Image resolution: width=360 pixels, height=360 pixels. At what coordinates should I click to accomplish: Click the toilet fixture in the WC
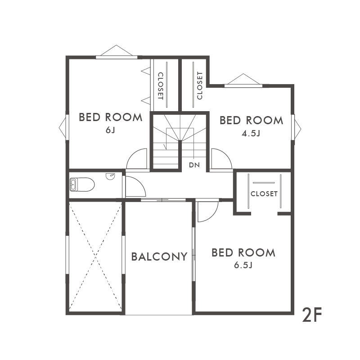[x=82, y=184]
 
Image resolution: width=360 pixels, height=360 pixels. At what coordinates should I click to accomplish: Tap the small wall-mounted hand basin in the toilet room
[x=110, y=176]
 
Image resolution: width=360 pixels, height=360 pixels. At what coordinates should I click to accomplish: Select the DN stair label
[x=194, y=165]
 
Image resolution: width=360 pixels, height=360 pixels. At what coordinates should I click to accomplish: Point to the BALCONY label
[x=159, y=256]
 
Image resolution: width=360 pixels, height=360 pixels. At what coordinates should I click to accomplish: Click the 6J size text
[x=110, y=130]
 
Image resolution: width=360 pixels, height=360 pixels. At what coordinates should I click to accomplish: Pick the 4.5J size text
[x=251, y=133]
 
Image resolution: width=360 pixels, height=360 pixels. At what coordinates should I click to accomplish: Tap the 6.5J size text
[x=243, y=265]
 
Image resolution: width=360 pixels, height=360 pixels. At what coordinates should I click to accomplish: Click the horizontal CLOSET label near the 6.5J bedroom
[x=264, y=194]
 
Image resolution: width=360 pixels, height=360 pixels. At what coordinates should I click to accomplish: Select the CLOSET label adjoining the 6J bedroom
[x=161, y=86]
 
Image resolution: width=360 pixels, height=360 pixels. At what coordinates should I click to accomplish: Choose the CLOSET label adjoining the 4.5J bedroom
[x=200, y=85]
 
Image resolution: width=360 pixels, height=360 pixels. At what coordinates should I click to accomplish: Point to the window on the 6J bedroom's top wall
[x=117, y=57]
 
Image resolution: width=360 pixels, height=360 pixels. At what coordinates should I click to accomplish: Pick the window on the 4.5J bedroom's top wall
[x=243, y=86]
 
